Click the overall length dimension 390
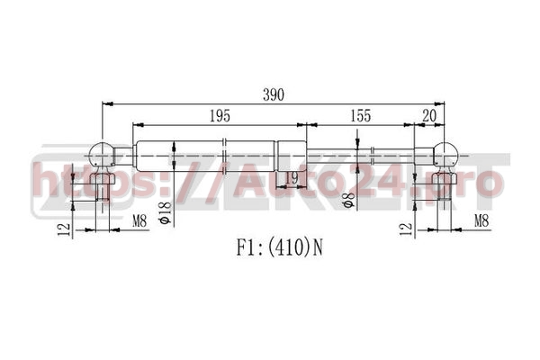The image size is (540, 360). [274, 94]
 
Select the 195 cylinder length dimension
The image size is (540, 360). [220, 116]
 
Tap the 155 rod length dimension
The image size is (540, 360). [361, 116]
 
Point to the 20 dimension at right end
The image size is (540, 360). [429, 116]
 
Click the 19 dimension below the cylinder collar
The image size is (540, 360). [292, 178]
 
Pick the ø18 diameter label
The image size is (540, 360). [166, 212]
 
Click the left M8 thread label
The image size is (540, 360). [139, 220]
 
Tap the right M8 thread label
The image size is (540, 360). [481, 220]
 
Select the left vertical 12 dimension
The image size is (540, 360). [64, 229]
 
